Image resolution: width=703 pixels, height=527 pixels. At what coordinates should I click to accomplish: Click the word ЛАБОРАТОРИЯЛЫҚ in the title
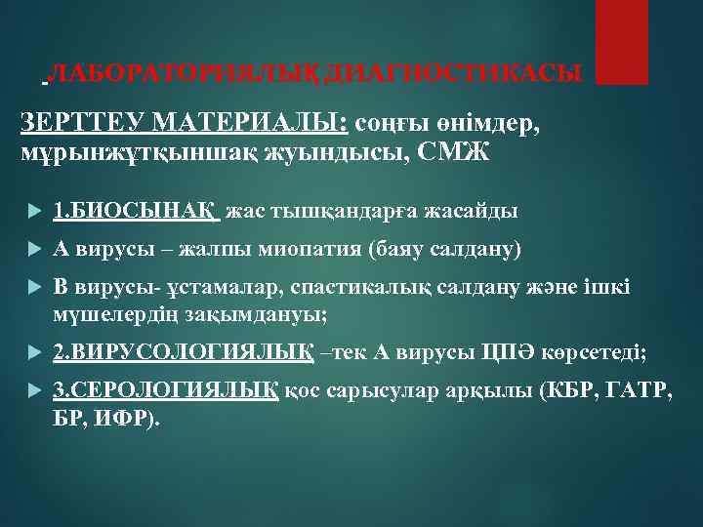186,73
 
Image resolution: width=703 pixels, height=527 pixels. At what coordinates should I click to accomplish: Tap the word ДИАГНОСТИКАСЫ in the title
453,73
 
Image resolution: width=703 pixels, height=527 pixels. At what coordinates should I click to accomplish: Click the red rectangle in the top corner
622,41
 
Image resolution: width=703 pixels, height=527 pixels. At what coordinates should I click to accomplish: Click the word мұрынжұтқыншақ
123,153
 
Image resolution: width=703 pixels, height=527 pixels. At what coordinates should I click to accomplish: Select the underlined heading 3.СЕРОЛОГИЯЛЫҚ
167,390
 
